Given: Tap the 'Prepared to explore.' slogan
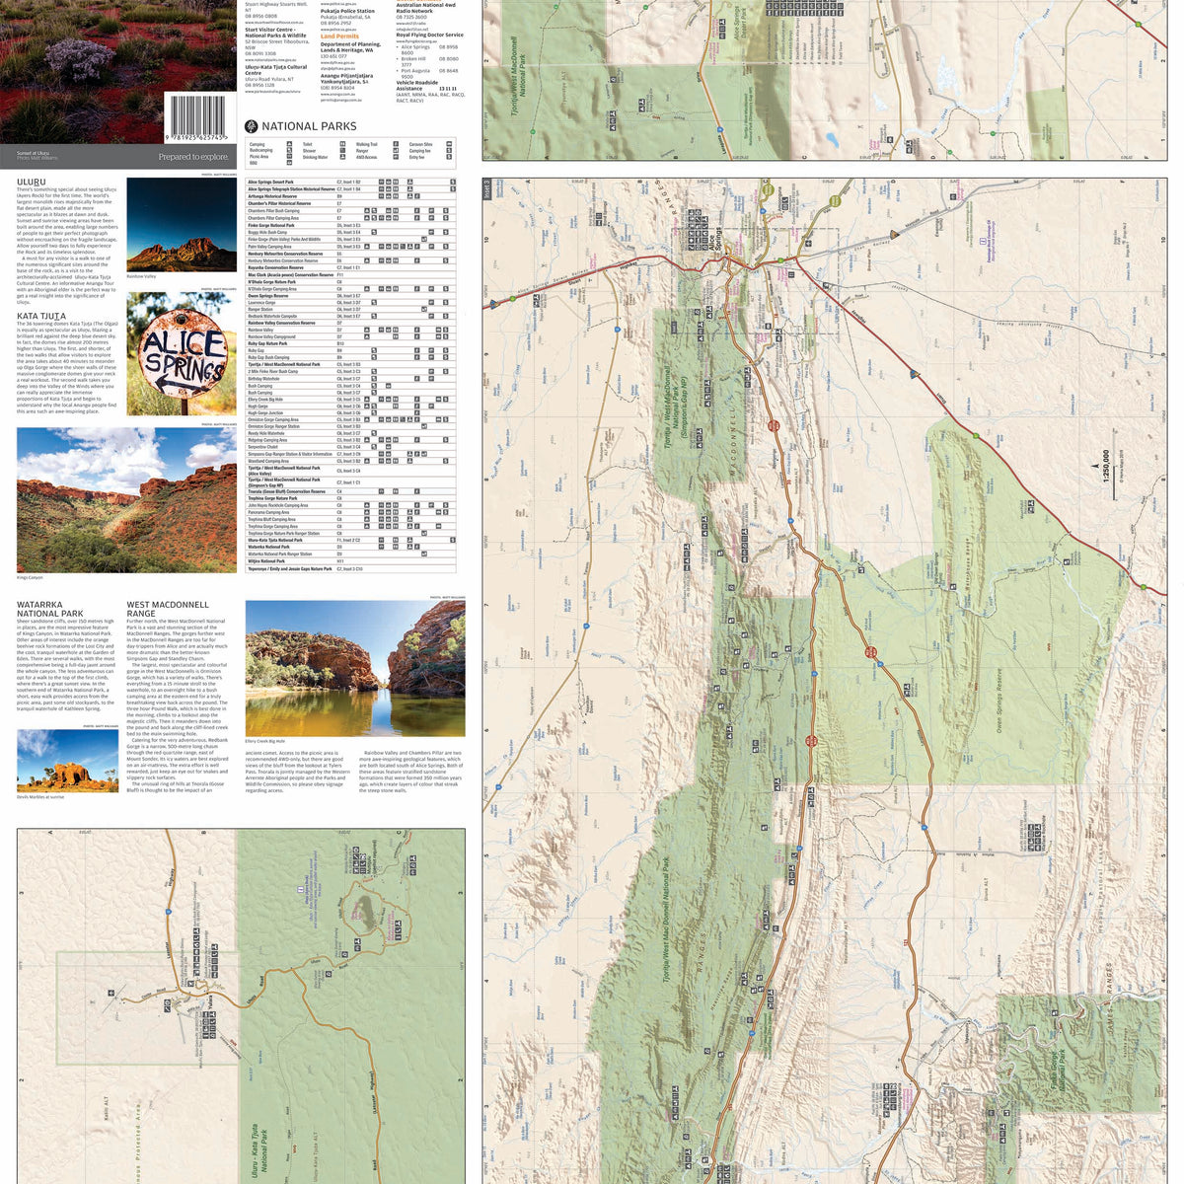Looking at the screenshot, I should point(193,157).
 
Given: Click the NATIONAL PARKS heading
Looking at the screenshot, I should point(309,126).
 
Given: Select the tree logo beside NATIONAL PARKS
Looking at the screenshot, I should point(251,126).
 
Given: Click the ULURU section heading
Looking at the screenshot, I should point(32,182).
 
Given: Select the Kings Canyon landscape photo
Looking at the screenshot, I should point(126,499).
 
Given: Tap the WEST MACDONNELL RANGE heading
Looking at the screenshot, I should point(168,609).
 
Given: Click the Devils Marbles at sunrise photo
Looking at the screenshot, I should point(67,761).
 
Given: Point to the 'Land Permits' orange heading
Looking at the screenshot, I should point(339,37).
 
